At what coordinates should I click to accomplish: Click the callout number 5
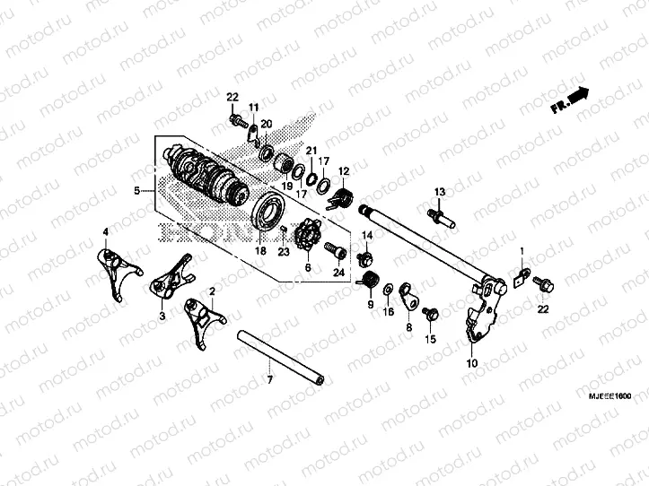pos(137,191)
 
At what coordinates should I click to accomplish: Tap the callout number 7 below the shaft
pos(269,382)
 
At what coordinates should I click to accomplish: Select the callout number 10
pos(472,365)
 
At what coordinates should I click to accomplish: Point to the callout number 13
pos(441,194)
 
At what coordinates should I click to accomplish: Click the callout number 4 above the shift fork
pos(105,233)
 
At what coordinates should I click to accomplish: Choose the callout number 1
pos(522,249)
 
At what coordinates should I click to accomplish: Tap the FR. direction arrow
pos(569,100)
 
